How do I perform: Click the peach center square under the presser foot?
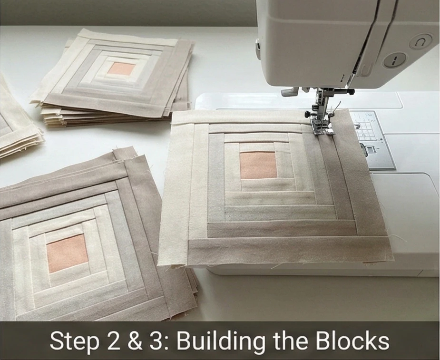pyautogui.click(x=258, y=165)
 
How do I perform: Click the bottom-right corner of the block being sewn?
pyautogui.click(x=393, y=259)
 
